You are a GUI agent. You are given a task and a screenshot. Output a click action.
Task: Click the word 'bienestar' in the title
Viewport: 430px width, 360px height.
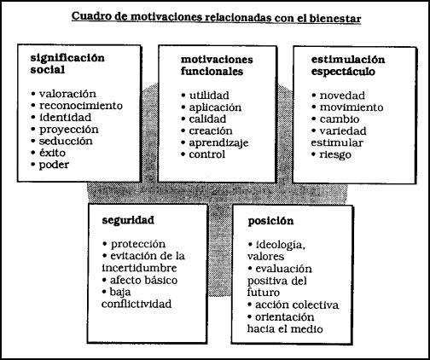[x=335, y=19]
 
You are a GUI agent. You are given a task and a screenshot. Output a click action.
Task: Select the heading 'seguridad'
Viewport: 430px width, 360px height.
[x=128, y=221]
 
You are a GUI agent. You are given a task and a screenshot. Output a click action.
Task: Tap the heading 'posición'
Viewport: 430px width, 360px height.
[x=270, y=222]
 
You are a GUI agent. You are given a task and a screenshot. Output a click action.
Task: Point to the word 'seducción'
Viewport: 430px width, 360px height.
[x=66, y=141]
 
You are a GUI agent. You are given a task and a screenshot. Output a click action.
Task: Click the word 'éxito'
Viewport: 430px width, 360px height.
[x=52, y=153]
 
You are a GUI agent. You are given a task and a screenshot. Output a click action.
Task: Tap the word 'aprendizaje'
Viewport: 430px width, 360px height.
[x=218, y=143]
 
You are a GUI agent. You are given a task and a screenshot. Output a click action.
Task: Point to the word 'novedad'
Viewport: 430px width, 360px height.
[x=342, y=96]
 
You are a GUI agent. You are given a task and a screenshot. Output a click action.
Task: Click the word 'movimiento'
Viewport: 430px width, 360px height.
[x=352, y=107]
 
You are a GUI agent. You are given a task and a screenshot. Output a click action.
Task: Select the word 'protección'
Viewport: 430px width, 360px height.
[x=138, y=244]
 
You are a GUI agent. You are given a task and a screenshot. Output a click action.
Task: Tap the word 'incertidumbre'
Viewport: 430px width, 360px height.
[x=139, y=268]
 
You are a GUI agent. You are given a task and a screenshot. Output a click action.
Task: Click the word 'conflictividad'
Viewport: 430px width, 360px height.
[x=137, y=304]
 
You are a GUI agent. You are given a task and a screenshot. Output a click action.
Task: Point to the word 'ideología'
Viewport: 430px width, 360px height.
[x=281, y=245]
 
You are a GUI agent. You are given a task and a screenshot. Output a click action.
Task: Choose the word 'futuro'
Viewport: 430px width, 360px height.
[x=264, y=293]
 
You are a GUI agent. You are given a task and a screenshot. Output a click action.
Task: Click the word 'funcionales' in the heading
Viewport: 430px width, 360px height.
[x=212, y=72]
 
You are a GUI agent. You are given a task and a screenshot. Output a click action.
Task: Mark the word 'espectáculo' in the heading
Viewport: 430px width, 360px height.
[x=343, y=72]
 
